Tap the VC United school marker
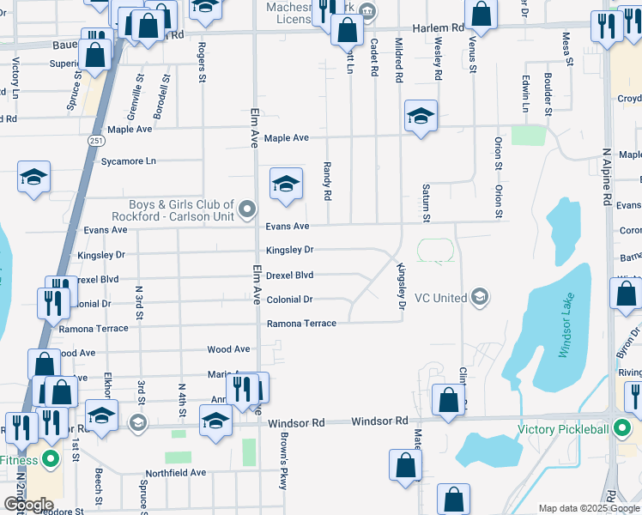point(481,298)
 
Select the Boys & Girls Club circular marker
point(248,209)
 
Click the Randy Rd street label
point(327,181)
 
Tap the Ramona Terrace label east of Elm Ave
point(301,324)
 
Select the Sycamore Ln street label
point(129,161)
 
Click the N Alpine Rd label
point(606,177)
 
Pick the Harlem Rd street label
point(438,27)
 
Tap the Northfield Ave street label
point(175,472)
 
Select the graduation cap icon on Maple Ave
point(421,117)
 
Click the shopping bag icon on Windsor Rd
point(448,400)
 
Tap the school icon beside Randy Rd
point(287,183)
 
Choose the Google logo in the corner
point(28,505)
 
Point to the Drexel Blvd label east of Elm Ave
point(289,276)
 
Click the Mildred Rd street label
point(398,59)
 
